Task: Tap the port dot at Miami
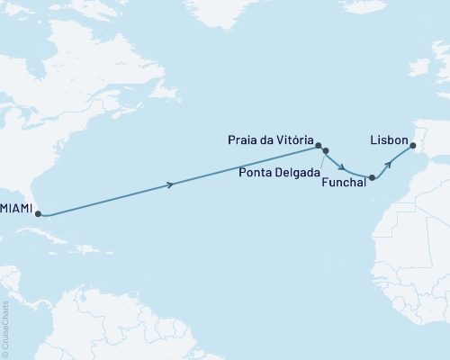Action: pyautogui.click(x=37, y=214)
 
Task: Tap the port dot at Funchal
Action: pyautogui.click(x=372, y=178)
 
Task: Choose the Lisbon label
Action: pyautogui.click(x=387, y=141)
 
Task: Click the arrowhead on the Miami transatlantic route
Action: pyautogui.click(x=171, y=185)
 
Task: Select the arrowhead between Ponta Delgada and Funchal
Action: pyautogui.click(x=344, y=166)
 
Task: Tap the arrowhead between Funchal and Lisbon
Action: pyautogui.click(x=389, y=163)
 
